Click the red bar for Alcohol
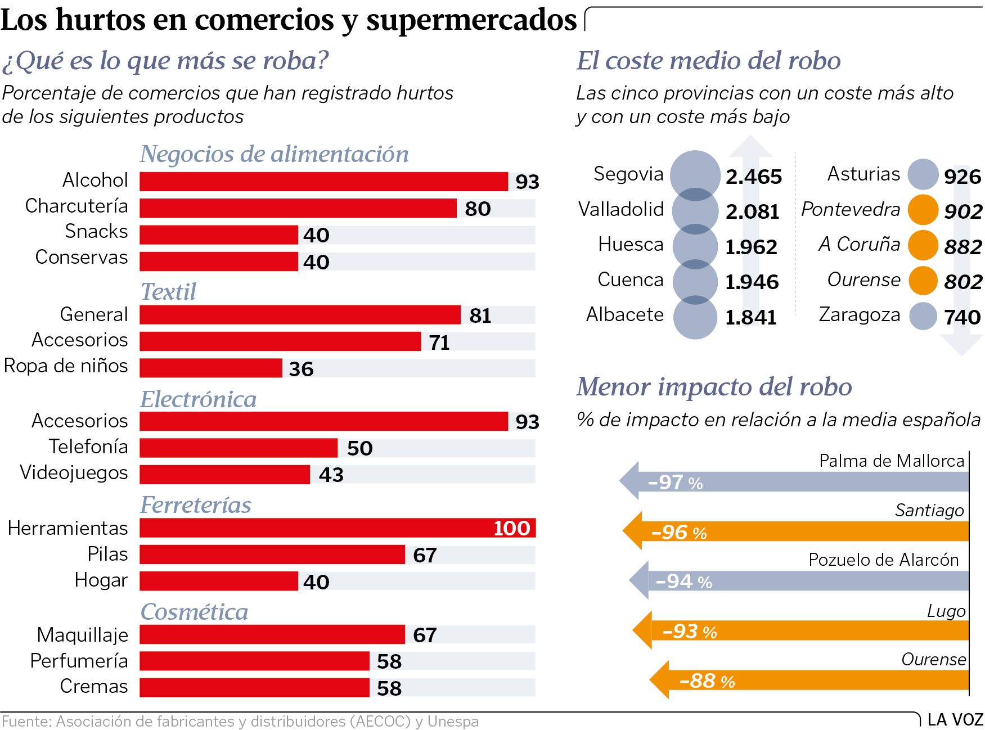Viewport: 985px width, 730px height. pyautogui.click(x=323, y=182)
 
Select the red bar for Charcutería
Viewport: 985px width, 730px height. pyautogui.click(x=298, y=208)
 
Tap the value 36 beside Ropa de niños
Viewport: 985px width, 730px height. pyautogui.click(x=301, y=369)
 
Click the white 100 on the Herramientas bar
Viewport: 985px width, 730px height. pyautogui.click(x=511, y=528)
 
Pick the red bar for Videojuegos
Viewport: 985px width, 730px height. pyautogui.click(x=225, y=475)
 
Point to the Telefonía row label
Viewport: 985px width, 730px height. pyautogui.click(x=88, y=447)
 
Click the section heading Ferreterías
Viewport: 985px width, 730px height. pyautogui.click(x=196, y=505)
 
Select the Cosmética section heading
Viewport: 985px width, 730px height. pyautogui.click(x=194, y=612)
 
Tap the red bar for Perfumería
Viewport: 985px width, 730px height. pyautogui.click(x=254, y=661)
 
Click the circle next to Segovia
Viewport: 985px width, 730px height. pyautogui.click(x=695, y=175)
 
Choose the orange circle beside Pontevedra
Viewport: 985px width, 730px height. pyautogui.click(x=923, y=210)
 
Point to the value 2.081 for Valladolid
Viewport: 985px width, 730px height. pyautogui.click(x=752, y=211)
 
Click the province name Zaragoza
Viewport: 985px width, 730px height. pyautogui.click(x=860, y=315)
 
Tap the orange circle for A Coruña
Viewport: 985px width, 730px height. pyautogui.click(x=923, y=245)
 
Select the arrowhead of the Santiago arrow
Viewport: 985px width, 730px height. pyautogui.click(x=633, y=531)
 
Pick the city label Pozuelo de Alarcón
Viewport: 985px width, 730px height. pyautogui.click(x=883, y=560)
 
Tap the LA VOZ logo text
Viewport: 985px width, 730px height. pyautogui.click(x=955, y=720)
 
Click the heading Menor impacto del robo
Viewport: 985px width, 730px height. pyautogui.click(x=714, y=387)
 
